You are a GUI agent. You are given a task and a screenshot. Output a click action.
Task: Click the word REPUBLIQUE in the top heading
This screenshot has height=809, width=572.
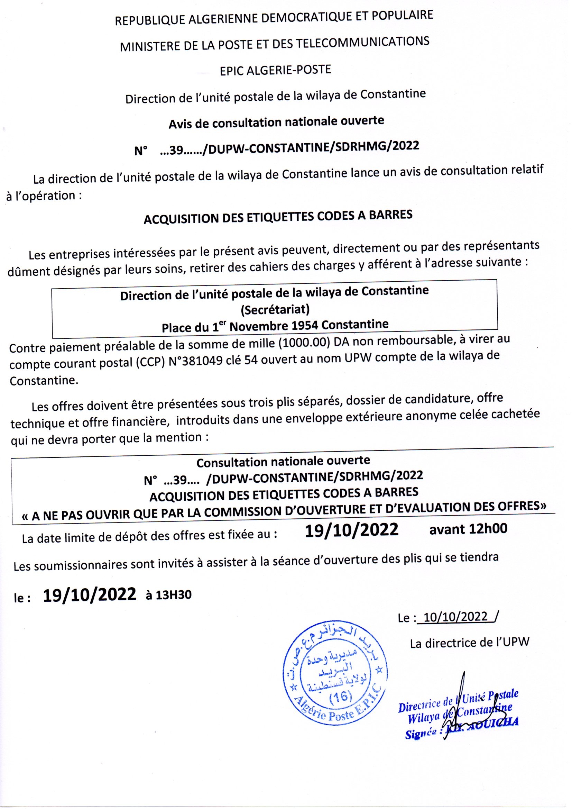coord(144,20)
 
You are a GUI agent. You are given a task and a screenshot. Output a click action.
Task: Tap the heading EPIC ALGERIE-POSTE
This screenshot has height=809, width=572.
coord(275,70)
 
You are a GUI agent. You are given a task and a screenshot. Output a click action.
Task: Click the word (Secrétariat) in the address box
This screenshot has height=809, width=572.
coord(275,309)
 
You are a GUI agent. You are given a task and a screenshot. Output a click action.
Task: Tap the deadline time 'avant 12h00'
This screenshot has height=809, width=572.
coord(468,529)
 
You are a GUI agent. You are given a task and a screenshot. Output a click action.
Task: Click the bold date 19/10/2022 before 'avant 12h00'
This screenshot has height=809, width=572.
coord(351,529)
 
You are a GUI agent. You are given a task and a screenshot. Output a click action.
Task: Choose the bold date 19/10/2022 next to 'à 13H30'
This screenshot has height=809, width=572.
coord(90,594)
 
